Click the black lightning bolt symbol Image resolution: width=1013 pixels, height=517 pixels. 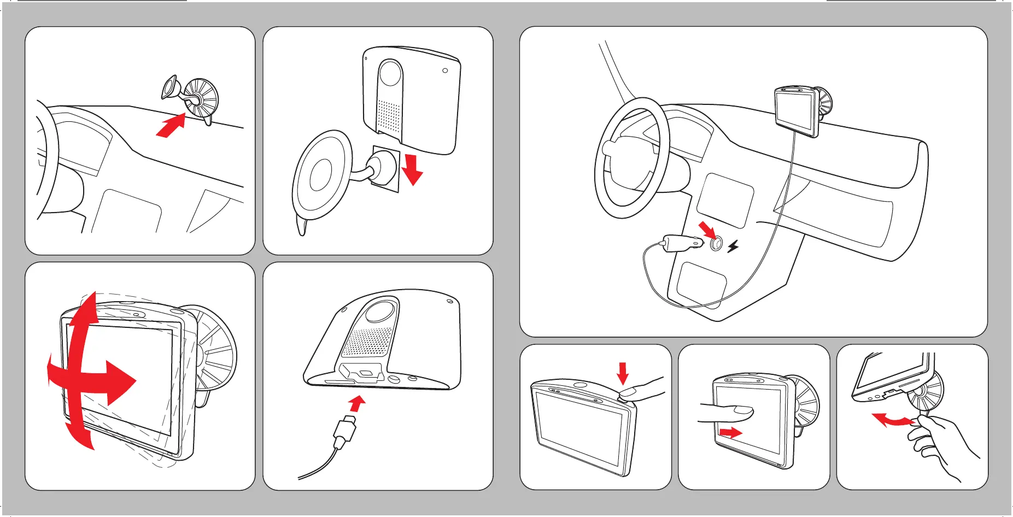pos(733,246)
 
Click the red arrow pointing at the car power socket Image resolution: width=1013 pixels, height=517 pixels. pos(707,230)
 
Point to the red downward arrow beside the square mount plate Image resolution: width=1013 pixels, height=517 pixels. pos(412,169)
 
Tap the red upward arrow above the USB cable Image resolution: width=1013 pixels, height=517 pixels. pos(357,404)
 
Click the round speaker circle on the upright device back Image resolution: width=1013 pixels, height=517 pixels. pos(390,73)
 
